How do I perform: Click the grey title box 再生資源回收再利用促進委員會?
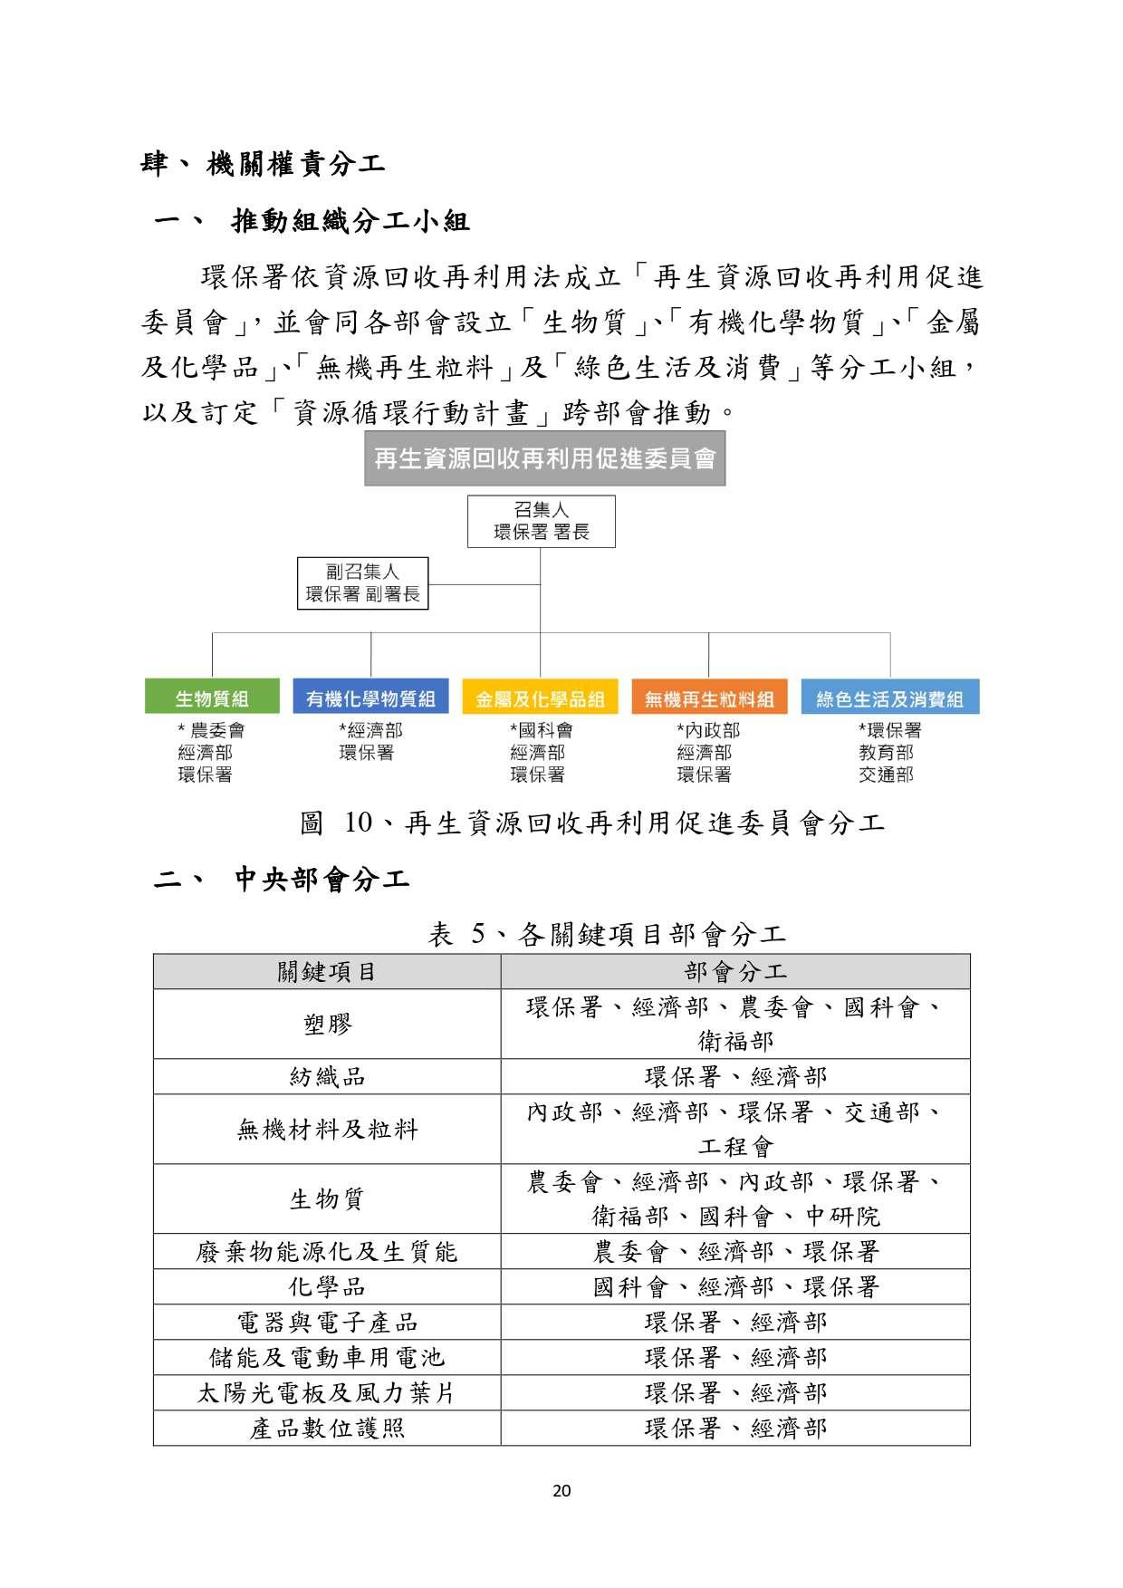click(x=544, y=458)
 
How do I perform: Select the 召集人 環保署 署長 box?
click(x=541, y=521)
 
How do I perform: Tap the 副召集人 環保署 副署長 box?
click(x=362, y=582)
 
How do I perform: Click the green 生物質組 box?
click(x=211, y=698)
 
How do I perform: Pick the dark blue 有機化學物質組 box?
click(x=370, y=698)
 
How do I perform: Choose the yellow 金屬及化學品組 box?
click(x=540, y=698)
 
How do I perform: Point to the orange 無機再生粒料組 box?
click(x=709, y=698)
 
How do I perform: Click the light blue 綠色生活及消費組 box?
click(x=889, y=698)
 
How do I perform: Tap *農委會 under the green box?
click(x=211, y=730)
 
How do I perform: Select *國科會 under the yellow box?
click(x=541, y=730)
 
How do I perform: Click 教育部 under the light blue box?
click(x=886, y=752)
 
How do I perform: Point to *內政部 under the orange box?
click(x=708, y=730)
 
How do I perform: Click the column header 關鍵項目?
click(x=326, y=972)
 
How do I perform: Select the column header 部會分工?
click(x=735, y=972)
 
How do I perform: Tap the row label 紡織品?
click(x=326, y=1076)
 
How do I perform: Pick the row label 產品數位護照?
click(x=326, y=1429)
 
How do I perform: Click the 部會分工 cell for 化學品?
click(x=735, y=1287)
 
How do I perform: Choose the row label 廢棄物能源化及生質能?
click(x=326, y=1252)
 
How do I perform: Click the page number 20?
click(x=561, y=1491)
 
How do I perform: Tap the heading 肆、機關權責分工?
click(x=264, y=164)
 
